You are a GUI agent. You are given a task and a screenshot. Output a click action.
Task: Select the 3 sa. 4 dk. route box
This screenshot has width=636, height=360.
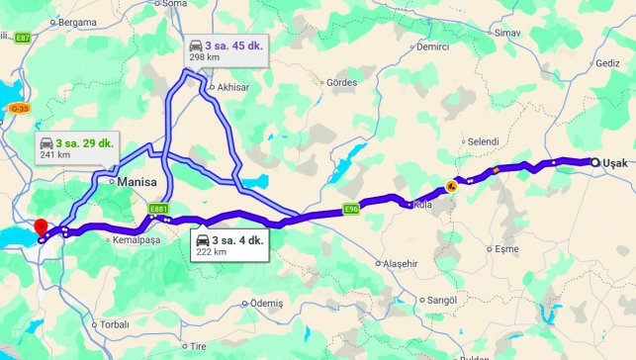pos(227,245)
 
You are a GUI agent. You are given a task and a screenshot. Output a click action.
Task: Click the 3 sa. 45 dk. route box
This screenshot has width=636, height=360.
pos(226,50)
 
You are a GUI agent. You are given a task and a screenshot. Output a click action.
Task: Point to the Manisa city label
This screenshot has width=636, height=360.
pos(136,183)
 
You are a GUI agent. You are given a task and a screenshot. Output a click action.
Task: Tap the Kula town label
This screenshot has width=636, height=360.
pos(423,205)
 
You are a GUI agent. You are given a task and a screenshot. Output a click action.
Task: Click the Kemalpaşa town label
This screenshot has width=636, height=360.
pos(136,240)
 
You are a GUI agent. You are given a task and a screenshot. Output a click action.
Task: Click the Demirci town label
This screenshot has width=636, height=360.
pos(433,46)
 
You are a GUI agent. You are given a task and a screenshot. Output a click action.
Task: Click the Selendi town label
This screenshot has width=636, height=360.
pos(484,141)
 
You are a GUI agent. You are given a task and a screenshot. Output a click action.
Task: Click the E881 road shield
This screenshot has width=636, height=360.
pos(158,209)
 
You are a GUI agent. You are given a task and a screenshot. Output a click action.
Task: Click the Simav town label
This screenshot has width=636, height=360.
pos(507,33)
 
